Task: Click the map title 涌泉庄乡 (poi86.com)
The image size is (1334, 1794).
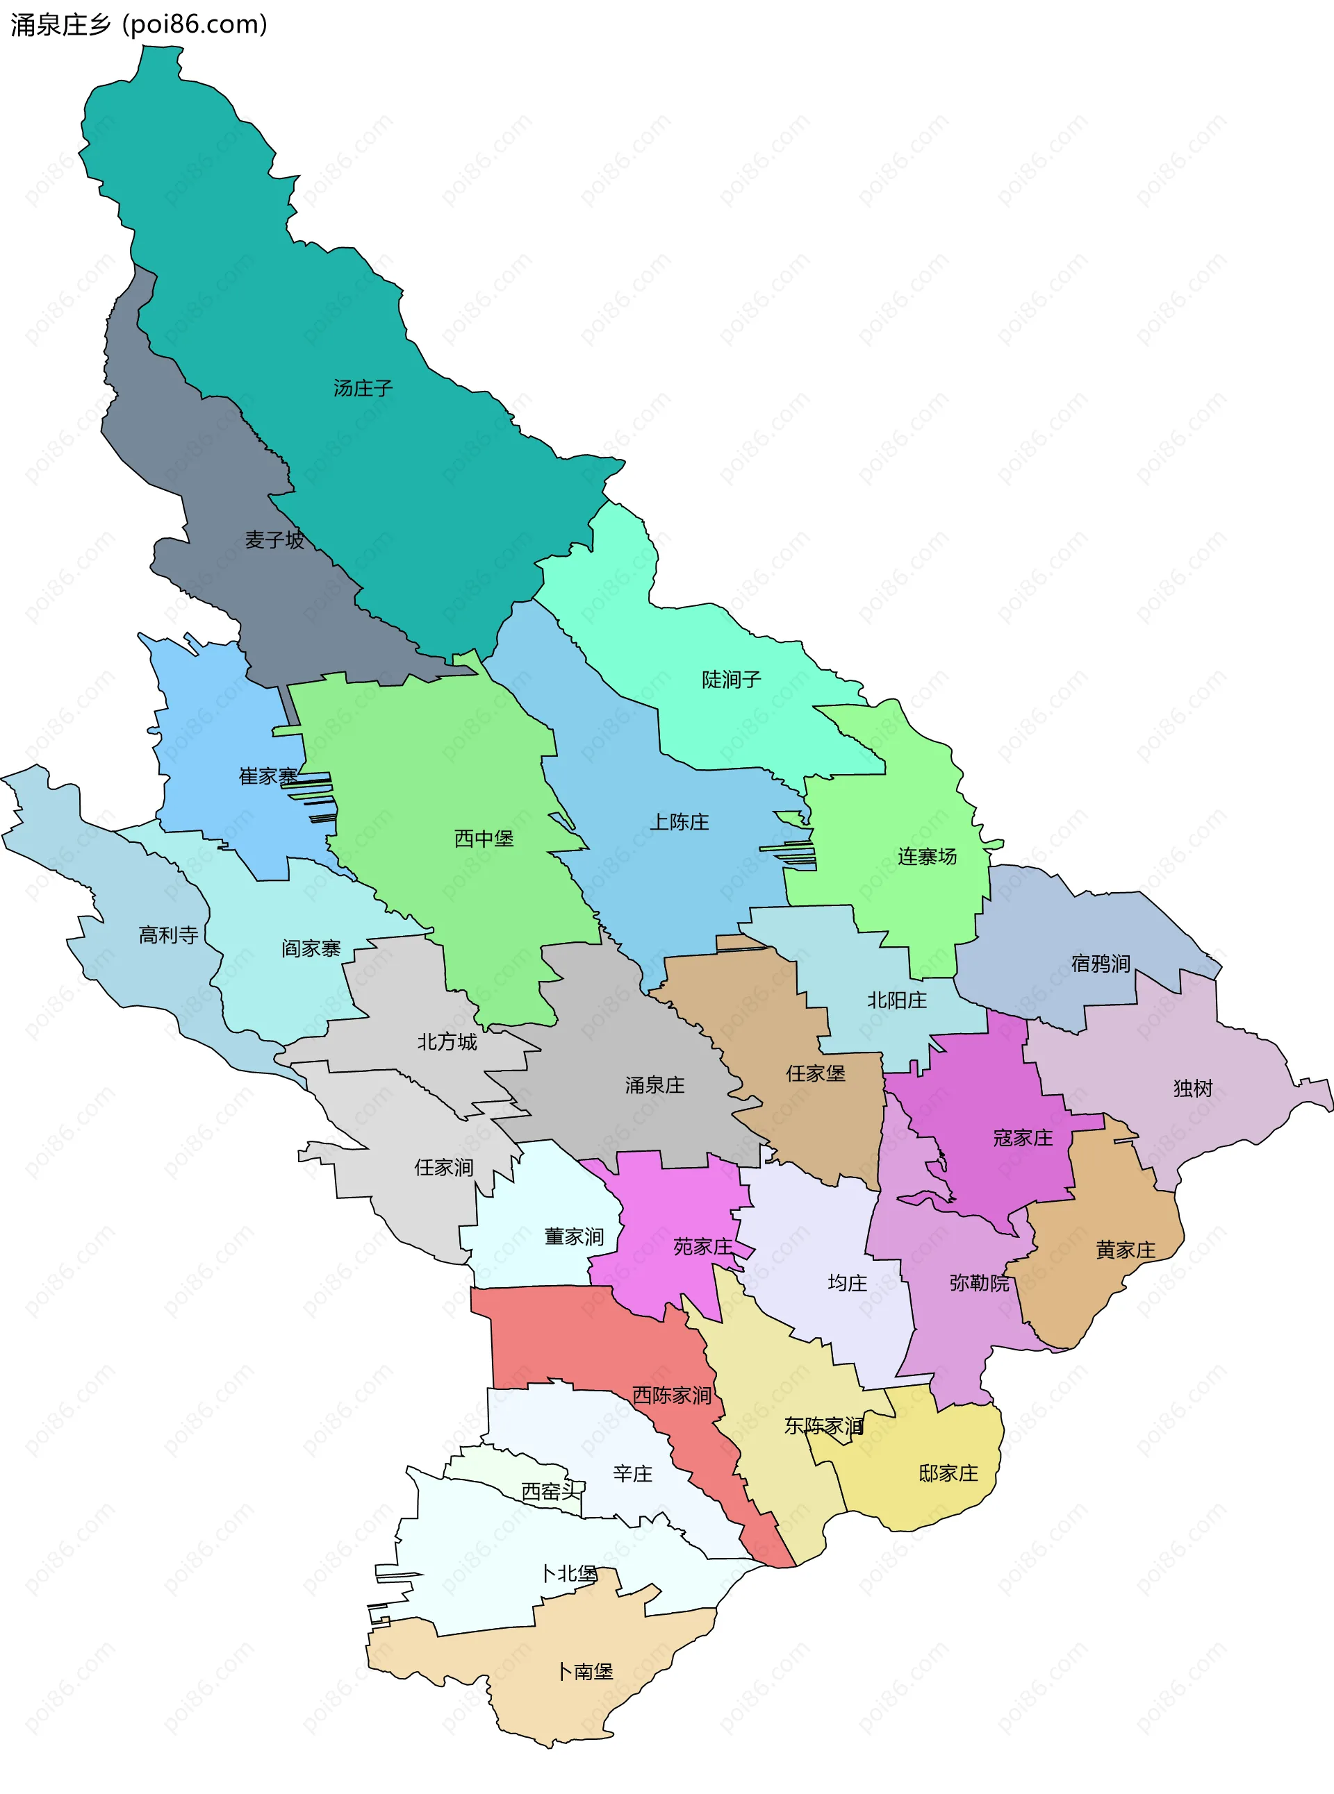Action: (x=138, y=25)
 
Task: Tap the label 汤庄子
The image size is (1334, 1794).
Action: (x=363, y=388)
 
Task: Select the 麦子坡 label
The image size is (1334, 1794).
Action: (x=274, y=540)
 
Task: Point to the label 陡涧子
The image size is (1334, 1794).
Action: (x=731, y=680)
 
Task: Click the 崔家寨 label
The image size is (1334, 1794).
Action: (x=268, y=776)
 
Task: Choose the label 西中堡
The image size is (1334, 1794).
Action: (x=484, y=839)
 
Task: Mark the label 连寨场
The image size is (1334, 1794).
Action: (x=927, y=856)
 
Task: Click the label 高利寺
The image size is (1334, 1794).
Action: (x=168, y=934)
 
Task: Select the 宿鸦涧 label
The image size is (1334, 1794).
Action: (x=1100, y=963)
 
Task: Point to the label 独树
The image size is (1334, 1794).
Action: (x=1193, y=1088)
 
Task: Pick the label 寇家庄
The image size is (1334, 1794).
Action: (x=1022, y=1138)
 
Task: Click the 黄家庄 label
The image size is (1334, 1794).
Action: (x=1125, y=1250)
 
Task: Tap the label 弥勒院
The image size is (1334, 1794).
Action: (x=979, y=1282)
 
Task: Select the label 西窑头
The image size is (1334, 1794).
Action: (x=552, y=1491)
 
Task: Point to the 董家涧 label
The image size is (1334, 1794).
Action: (x=573, y=1236)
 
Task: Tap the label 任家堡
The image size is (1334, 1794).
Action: (x=816, y=1073)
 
